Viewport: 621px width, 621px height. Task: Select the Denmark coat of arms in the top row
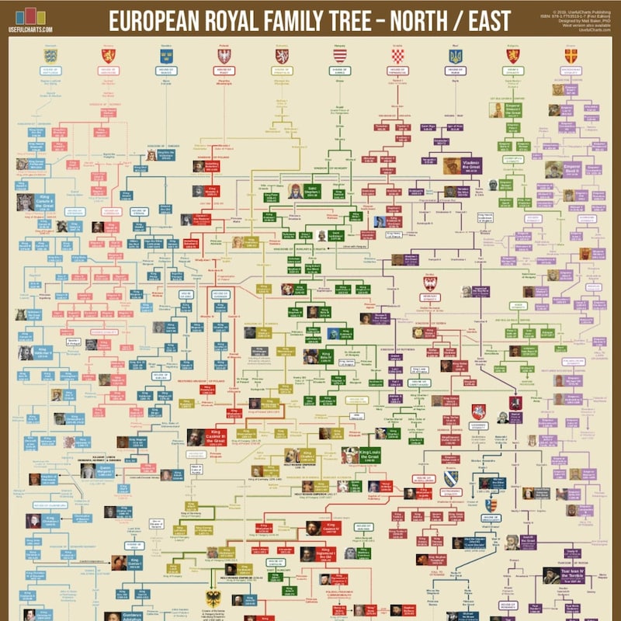click(51, 56)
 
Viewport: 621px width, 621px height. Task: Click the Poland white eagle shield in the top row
click(224, 56)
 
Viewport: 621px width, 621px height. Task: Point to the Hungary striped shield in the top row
click(340, 56)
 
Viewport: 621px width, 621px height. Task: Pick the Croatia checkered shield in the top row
click(397, 56)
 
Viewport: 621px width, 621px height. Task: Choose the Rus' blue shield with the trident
click(456, 56)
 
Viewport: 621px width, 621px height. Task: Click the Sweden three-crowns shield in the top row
click(166, 56)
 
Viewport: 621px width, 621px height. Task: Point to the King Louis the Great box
click(372, 453)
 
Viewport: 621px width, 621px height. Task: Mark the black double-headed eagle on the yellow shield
click(213, 598)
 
